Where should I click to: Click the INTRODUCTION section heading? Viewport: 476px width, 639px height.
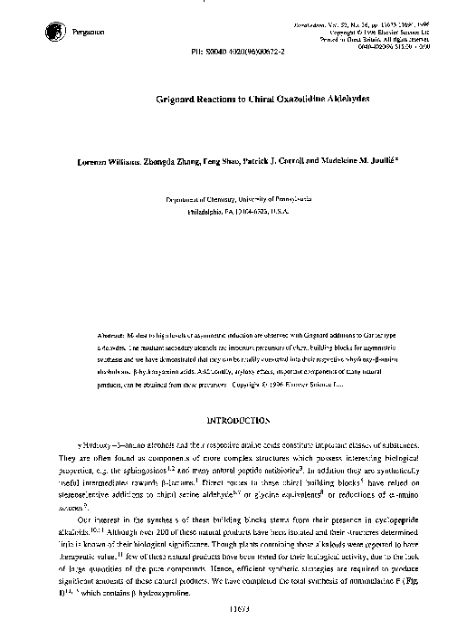(238, 420)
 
